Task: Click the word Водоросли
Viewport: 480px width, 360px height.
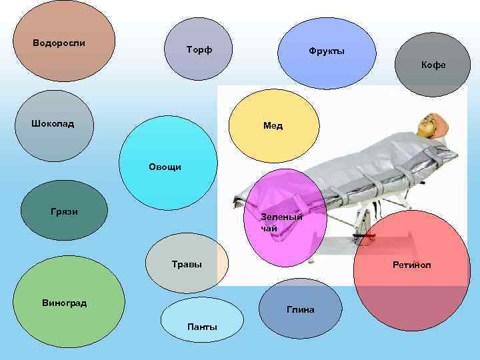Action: (59, 43)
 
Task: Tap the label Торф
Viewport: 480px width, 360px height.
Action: (199, 51)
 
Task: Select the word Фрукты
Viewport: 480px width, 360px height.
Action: (326, 51)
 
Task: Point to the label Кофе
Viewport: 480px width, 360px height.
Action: (433, 65)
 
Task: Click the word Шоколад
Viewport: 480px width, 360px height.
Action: (53, 123)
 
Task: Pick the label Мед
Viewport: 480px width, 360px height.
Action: (273, 125)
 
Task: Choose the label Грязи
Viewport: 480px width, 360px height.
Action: (64, 212)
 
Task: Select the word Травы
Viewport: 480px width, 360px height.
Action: (187, 265)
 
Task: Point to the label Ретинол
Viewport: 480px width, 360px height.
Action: (411, 265)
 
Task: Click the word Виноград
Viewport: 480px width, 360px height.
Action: (64, 303)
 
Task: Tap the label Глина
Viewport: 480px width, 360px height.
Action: (301, 310)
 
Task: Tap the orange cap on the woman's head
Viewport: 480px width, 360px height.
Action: (442, 121)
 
